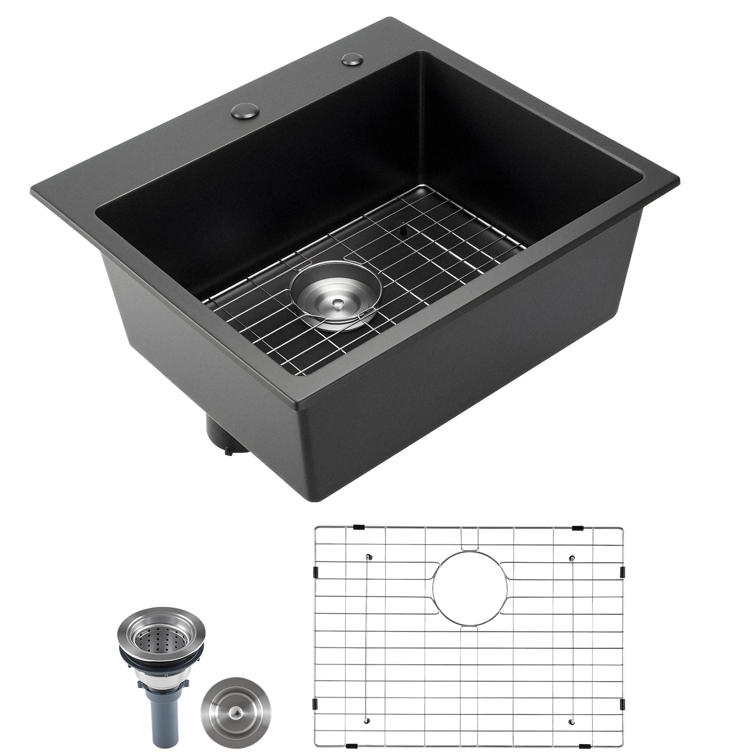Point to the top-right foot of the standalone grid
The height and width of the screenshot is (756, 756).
click(572, 558)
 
